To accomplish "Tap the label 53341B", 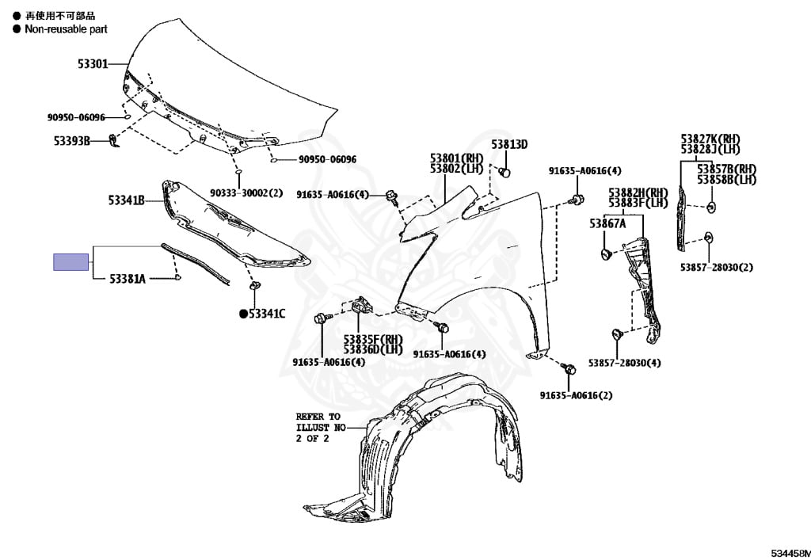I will pos(126,200).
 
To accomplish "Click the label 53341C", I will pos(267,314).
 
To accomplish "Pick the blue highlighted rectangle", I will pos(70,261).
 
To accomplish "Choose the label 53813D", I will pos(508,144).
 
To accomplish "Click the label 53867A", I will pos(607,223).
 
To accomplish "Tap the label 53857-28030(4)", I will pos(625,363).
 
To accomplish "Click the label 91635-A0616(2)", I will pos(577,395).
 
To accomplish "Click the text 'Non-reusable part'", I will pos(66,29).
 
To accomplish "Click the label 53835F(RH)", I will pos(373,339).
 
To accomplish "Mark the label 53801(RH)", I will pos(456,158).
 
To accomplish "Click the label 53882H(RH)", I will pos(638,192).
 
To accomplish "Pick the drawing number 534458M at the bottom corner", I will pos(789,551).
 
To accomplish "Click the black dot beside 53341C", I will pos(244,314).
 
